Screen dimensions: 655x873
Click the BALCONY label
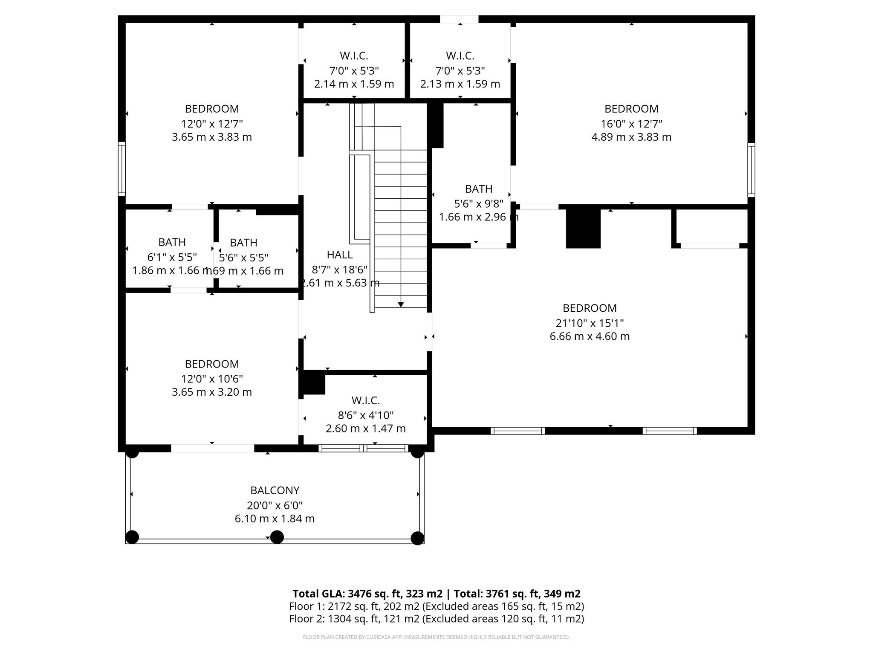(x=275, y=490)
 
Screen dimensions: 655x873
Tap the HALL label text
(x=339, y=255)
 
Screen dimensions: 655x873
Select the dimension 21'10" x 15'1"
(x=589, y=323)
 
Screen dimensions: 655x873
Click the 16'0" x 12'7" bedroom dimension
(x=631, y=124)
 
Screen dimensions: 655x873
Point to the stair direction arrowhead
(x=401, y=304)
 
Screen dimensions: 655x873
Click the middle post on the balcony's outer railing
(x=277, y=537)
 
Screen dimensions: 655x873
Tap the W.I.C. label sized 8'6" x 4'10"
(x=365, y=400)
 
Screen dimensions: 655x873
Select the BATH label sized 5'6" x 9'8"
(x=478, y=189)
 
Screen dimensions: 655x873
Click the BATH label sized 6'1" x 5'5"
(x=172, y=242)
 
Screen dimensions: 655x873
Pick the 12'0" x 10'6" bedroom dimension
(x=211, y=379)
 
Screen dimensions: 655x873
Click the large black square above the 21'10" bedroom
(x=583, y=229)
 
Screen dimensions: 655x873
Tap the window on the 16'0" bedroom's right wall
(x=751, y=170)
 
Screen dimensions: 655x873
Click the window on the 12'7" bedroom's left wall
(x=122, y=169)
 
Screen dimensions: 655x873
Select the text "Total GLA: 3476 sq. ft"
(x=367, y=594)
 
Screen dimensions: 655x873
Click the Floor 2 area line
(x=436, y=619)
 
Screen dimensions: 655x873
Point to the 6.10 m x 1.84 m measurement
(x=275, y=519)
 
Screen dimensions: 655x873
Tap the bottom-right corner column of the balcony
(x=417, y=538)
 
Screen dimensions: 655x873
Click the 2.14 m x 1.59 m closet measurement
(x=354, y=84)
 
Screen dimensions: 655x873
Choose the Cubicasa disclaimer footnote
(x=436, y=637)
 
